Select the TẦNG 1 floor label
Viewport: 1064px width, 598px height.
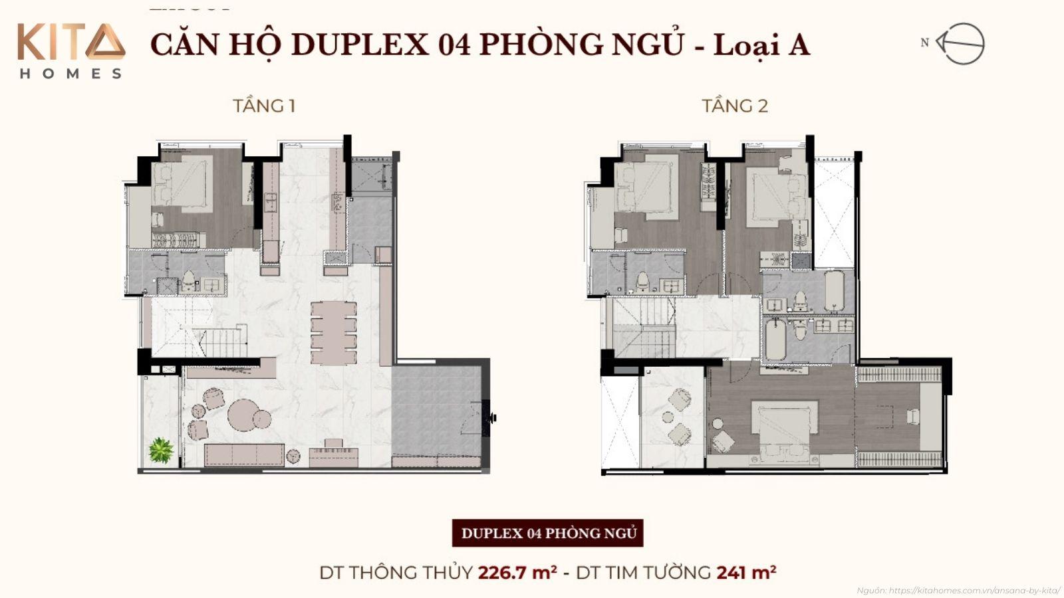(x=264, y=106)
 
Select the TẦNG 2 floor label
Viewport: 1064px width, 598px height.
(x=735, y=106)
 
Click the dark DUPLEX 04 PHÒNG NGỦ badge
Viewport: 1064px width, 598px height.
(x=548, y=533)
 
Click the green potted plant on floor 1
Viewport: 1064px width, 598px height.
(x=160, y=450)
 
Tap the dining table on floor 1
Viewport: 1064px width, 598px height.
(x=334, y=332)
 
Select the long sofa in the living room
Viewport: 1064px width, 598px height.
(x=244, y=455)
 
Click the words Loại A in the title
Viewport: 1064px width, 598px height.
(x=761, y=45)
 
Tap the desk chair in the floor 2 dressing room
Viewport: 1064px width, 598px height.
(x=912, y=416)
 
